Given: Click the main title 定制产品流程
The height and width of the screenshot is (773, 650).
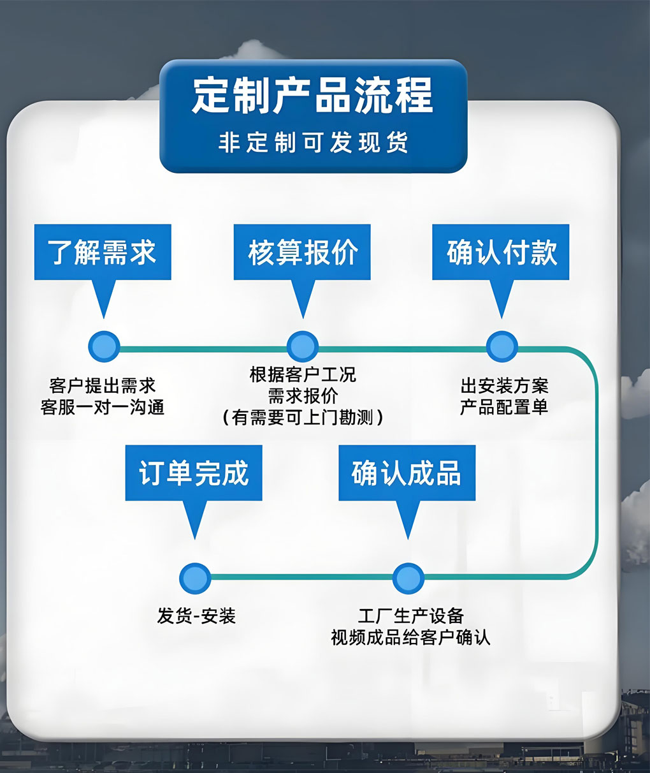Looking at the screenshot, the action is pos(313,96).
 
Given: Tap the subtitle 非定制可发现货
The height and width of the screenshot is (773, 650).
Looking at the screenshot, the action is pos(313,142).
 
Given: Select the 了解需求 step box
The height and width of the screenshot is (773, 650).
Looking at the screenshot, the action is pos(103,252).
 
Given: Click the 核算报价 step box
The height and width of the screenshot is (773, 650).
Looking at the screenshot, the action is pos(302,252).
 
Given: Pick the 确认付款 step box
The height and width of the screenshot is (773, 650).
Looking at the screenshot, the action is pos(501,252).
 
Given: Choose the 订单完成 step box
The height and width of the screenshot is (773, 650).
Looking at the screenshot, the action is pos(194,473).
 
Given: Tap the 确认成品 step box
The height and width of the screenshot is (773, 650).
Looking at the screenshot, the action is pos(407,473).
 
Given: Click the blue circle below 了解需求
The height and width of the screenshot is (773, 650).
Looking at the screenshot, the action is pos(104,346).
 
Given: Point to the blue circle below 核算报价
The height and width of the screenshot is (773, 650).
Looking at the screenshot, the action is pos(303,346).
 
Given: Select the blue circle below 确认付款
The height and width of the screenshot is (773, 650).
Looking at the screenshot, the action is pos(502,346).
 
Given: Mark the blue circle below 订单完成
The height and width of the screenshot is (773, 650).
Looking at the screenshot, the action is pos(195,578).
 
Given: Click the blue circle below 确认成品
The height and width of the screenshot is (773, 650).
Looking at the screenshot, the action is pos(408,578).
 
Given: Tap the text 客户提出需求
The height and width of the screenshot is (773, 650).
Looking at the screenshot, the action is pos(103,386).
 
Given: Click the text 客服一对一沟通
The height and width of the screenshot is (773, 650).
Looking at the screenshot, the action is pos(103,408).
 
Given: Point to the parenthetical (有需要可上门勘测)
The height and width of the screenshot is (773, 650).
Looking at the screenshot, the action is pos(303,418).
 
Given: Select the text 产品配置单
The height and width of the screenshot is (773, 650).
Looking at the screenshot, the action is pos(504,408).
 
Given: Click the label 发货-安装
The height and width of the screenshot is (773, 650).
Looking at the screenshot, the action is pos(196,616).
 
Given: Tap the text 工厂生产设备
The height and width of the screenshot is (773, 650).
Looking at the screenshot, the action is pos(411,616).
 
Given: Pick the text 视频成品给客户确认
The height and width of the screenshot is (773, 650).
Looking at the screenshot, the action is pos(410,638).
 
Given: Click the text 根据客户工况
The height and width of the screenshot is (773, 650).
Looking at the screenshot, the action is pos(303,374).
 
